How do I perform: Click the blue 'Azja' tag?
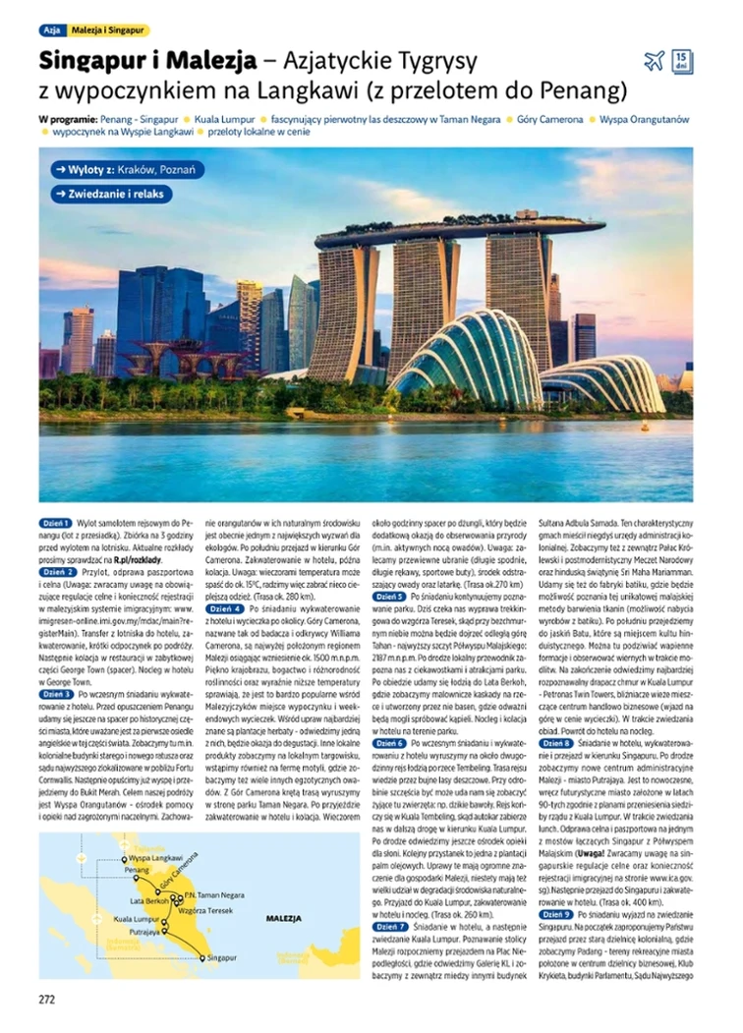[x=52, y=30]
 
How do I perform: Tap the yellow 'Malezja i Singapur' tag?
[x=108, y=30]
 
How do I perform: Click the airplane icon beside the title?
[x=654, y=62]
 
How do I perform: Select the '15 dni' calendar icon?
[x=682, y=61]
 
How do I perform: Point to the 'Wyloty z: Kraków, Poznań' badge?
[x=129, y=170]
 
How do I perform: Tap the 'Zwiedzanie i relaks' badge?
[x=114, y=194]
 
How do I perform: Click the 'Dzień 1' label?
[x=56, y=523]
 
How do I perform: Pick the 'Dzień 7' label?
[x=391, y=926]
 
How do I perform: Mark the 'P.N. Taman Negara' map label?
[x=214, y=895]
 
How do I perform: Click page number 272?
[x=47, y=1000]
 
